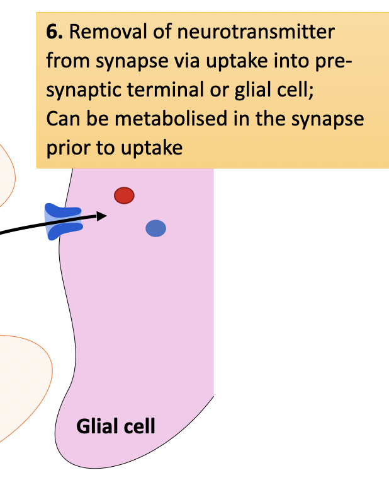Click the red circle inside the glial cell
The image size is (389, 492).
(124, 196)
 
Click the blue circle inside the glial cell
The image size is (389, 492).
(155, 228)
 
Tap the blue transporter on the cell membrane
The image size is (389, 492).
(64, 222)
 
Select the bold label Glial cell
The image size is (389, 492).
(115, 426)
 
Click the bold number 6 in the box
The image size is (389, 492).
(52, 32)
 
